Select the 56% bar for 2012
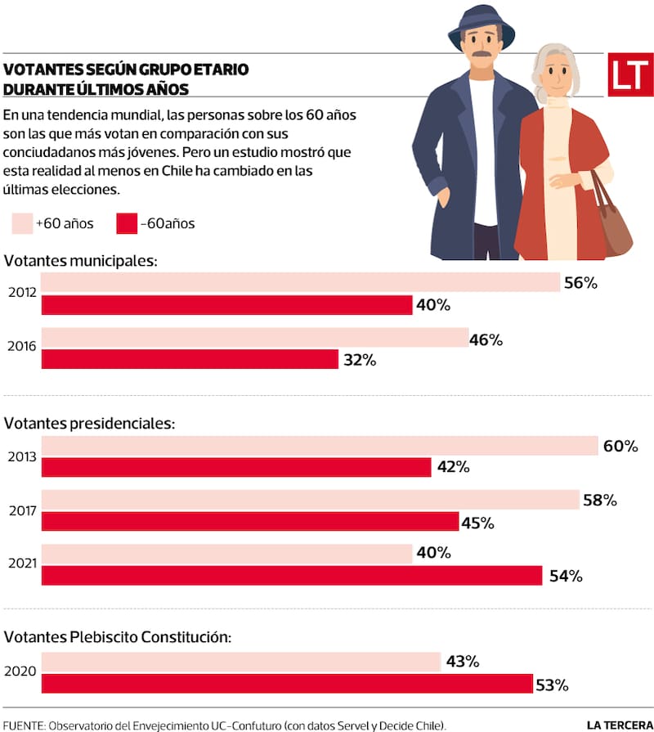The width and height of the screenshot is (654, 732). coord(300,283)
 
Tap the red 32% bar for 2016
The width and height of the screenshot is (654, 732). coord(189,359)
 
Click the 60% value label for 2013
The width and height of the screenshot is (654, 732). coord(620,446)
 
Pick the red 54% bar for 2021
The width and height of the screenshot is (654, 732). coord(291,576)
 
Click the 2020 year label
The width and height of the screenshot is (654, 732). coord(21,672)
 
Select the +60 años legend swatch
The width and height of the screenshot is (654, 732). coord(22,223)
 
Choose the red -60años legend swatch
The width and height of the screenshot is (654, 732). coord(126,223)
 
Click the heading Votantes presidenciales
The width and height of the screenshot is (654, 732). coord(90,424)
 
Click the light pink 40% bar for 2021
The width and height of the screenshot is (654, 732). coord(226,554)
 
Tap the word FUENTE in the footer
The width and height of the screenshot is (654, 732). coord(23,725)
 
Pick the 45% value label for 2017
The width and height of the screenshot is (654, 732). coord(477,522)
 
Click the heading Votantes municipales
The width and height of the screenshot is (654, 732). coord(80,261)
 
